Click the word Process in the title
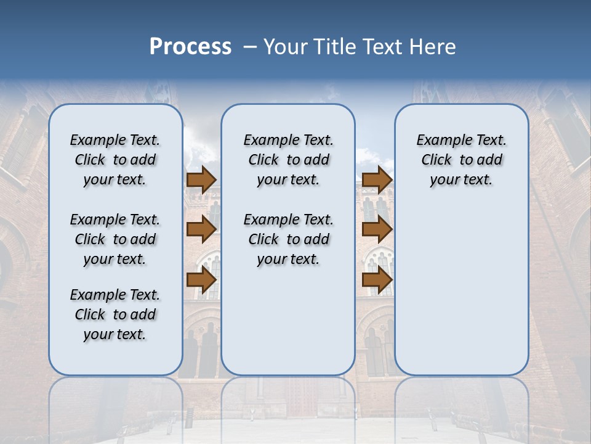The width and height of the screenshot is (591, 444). coord(190,47)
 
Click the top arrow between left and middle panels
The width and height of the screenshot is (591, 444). coord(201,179)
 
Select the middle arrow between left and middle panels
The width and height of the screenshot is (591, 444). coord(201,229)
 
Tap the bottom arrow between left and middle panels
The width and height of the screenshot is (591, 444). coord(201,279)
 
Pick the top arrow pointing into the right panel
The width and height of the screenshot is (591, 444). coord(377,179)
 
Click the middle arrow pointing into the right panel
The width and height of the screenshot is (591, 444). coord(377,229)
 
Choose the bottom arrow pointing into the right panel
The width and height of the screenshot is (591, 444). coord(377,279)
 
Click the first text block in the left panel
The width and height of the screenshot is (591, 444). coord(115,160)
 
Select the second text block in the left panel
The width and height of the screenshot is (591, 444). coord(115,239)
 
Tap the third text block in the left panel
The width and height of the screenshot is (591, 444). coord(115,314)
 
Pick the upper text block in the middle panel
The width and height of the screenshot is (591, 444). coord(288,160)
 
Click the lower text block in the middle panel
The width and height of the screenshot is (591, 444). coord(288,239)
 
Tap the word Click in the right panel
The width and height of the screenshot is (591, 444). coord(436,160)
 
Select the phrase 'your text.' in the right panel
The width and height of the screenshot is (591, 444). coord(461,180)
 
